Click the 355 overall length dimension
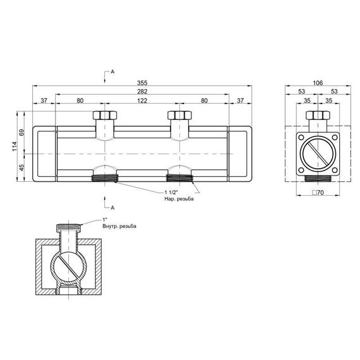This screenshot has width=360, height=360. (x=142, y=83)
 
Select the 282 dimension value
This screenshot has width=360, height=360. (x=142, y=92)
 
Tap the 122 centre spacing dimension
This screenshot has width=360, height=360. (x=142, y=100)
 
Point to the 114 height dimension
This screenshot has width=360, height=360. (x=15, y=147)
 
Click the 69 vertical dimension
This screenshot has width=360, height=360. (x=21, y=133)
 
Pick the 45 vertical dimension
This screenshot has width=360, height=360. (x=21, y=167)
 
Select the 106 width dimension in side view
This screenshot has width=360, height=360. (x=318, y=83)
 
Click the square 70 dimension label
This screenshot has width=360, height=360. (x=318, y=193)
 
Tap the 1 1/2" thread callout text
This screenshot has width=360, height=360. (x=172, y=192)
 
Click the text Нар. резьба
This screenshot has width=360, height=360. (x=179, y=199)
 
